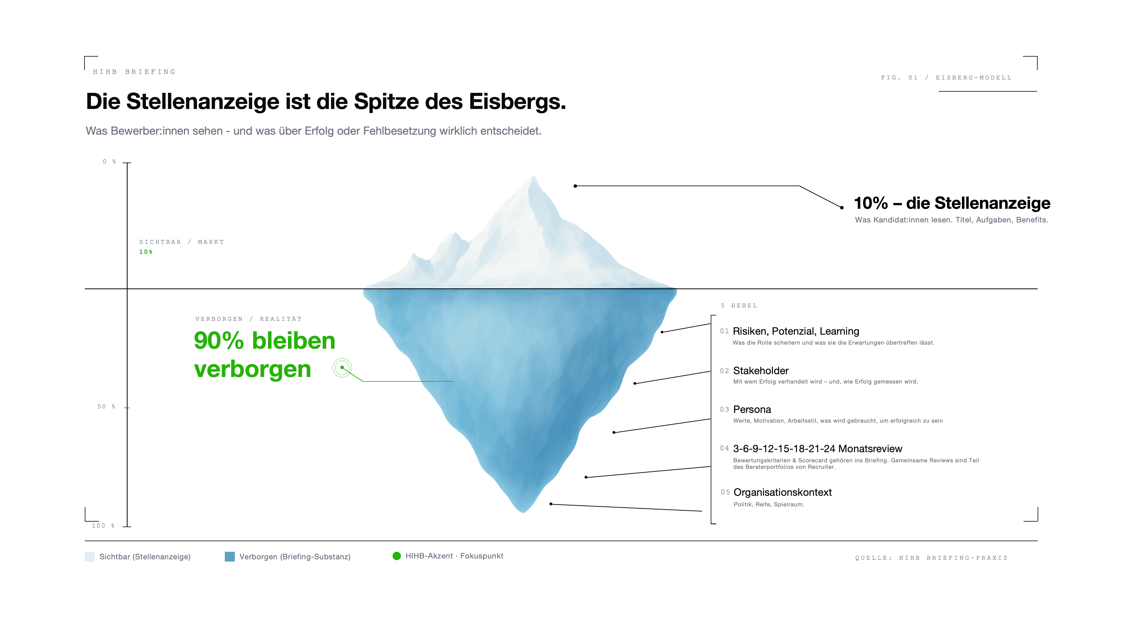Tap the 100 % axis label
(x=103, y=526)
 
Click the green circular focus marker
(x=342, y=367)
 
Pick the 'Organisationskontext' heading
(x=782, y=492)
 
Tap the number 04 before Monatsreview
(x=724, y=448)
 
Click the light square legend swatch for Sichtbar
(x=90, y=557)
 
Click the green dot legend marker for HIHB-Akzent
(x=396, y=556)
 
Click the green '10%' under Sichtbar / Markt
(x=146, y=252)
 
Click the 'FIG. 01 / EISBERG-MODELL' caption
(x=946, y=78)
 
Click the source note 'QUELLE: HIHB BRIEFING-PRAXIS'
(x=931, y=558)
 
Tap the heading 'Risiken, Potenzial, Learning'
(x=796, y=331)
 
